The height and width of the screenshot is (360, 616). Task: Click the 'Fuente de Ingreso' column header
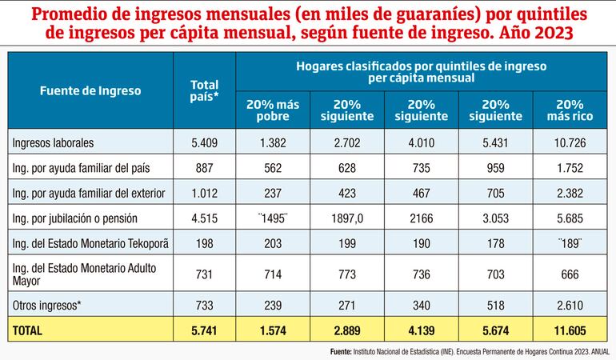tap(90, 91)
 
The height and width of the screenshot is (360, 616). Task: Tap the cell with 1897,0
tap(348, 217)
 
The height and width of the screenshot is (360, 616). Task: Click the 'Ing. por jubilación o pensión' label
tap(76, 217)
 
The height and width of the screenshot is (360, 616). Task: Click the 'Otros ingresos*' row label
tap(47, 305)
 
